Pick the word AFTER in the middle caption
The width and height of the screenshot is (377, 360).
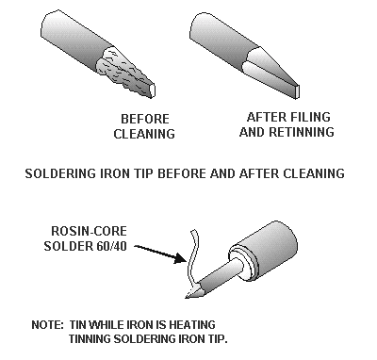[253, 174]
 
